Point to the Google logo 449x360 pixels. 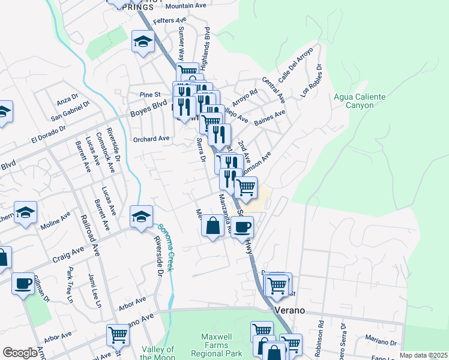pyautogui.click(x=19, y=353)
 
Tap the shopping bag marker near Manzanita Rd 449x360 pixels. pyautogui.click(x=213, y=227)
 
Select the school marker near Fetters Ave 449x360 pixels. pyautogui.click(x=143, y=42)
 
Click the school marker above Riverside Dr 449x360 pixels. pyautogui.click(x=141, y=217)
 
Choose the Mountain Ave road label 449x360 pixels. pyautogui.click(x=185, y=5)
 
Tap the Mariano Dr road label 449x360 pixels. pyautogui.click(x=379, y=341)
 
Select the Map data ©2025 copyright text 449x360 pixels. pyautogui.click(x=424, y=355)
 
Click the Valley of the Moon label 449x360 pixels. pyautogui.click(x=157, y=353)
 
